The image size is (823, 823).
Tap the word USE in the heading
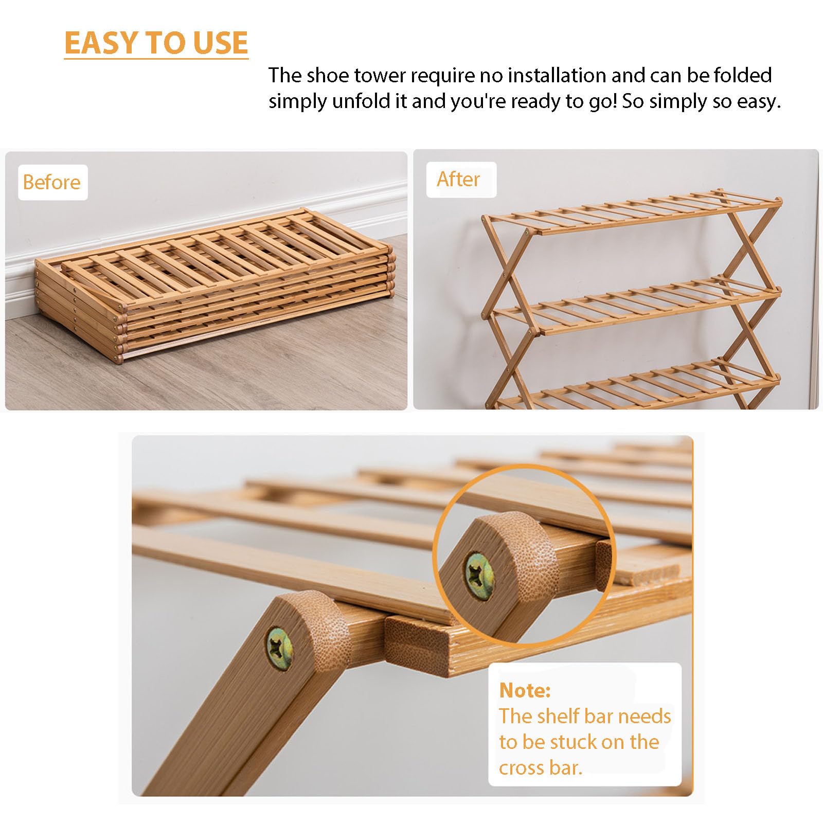click(x=221, y=43)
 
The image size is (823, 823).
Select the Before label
click(x=52, y=182)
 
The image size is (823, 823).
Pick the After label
click(x=458, y=179)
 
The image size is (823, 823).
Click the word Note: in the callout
click(x=525, y=690)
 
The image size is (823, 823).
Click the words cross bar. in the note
click(x=540, y=767)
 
